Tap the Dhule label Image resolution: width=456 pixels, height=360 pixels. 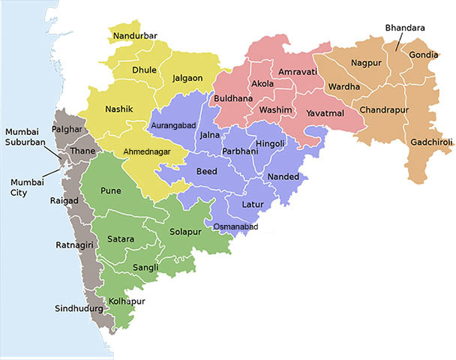tap(144, 70)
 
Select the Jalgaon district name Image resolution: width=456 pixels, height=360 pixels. tap(187, 77)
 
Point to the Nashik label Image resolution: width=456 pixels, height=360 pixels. tap(119, 109)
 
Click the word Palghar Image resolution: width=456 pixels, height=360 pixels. tap(66, 129)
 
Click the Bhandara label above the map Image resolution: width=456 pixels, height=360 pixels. tap(405, 28)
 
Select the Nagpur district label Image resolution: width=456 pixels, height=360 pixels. tap(366, 64)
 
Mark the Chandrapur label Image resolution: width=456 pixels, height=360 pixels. tap(383, 109)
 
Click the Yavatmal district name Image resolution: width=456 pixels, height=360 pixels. tap(325, 114)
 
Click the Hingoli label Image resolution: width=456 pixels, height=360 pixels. tap(270, 143)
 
